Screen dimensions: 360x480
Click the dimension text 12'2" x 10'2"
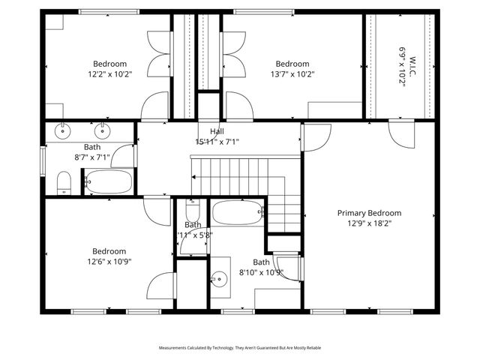109,74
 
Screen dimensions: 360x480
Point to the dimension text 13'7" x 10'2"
292,74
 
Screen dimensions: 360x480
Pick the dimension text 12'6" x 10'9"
109,262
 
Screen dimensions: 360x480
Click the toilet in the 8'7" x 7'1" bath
64,181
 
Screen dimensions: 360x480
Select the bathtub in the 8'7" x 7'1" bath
109,181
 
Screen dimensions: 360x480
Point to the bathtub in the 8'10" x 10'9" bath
237,212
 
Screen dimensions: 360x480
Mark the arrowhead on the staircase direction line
195,177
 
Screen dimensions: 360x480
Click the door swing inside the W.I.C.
397,133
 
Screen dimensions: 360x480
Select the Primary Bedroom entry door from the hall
316,137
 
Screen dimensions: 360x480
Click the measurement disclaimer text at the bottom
240,348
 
